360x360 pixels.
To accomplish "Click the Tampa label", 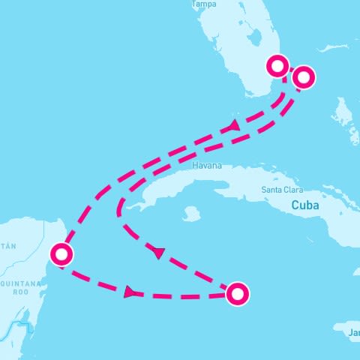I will tap(205, 4).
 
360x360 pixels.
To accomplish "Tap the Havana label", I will tap(207, 166).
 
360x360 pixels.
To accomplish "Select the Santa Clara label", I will tap(282, 190).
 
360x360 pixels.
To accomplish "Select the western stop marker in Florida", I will tap(278, 66).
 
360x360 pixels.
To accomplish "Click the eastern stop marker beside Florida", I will tap(303, 76).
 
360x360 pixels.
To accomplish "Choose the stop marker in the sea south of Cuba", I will tap(237, 294).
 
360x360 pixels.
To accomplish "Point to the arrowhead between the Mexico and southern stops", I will tap(130, 291).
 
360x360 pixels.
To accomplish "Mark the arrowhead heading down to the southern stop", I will tap(158, 253).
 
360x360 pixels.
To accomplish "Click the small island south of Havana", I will tap(191, 214).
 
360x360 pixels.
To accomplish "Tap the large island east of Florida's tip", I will tap(343, 112).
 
